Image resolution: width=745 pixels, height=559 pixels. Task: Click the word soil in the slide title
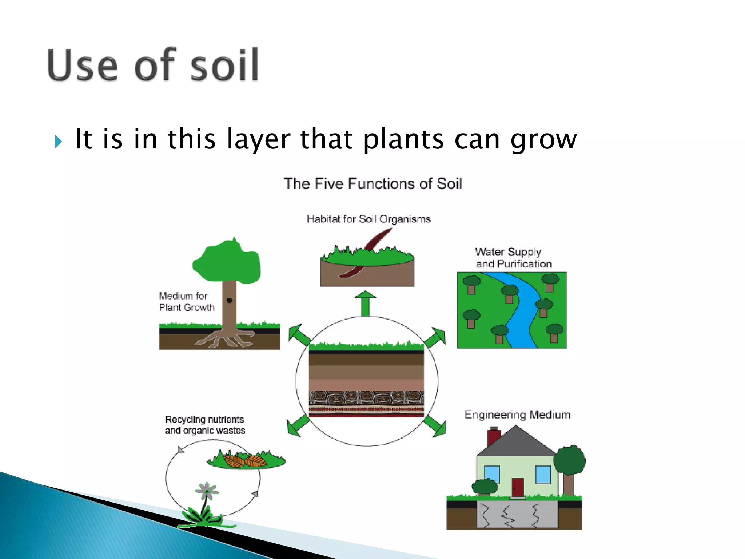224,66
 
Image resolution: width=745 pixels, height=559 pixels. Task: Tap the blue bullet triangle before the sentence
59,141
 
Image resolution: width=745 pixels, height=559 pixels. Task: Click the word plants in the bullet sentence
403,139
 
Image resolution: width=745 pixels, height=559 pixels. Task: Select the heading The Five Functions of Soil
372,184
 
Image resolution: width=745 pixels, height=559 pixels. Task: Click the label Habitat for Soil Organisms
368,219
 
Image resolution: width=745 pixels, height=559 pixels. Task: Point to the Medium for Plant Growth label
186,302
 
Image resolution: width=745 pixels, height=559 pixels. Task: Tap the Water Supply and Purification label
513,258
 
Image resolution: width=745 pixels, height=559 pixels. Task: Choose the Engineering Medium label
517,415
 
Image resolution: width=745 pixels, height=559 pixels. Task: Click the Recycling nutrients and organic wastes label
205,425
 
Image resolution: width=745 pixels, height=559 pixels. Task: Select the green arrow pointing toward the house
435,426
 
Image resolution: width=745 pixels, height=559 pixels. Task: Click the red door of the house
517,487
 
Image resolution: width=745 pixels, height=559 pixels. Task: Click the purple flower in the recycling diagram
207,491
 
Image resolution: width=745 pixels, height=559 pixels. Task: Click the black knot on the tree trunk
230,300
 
